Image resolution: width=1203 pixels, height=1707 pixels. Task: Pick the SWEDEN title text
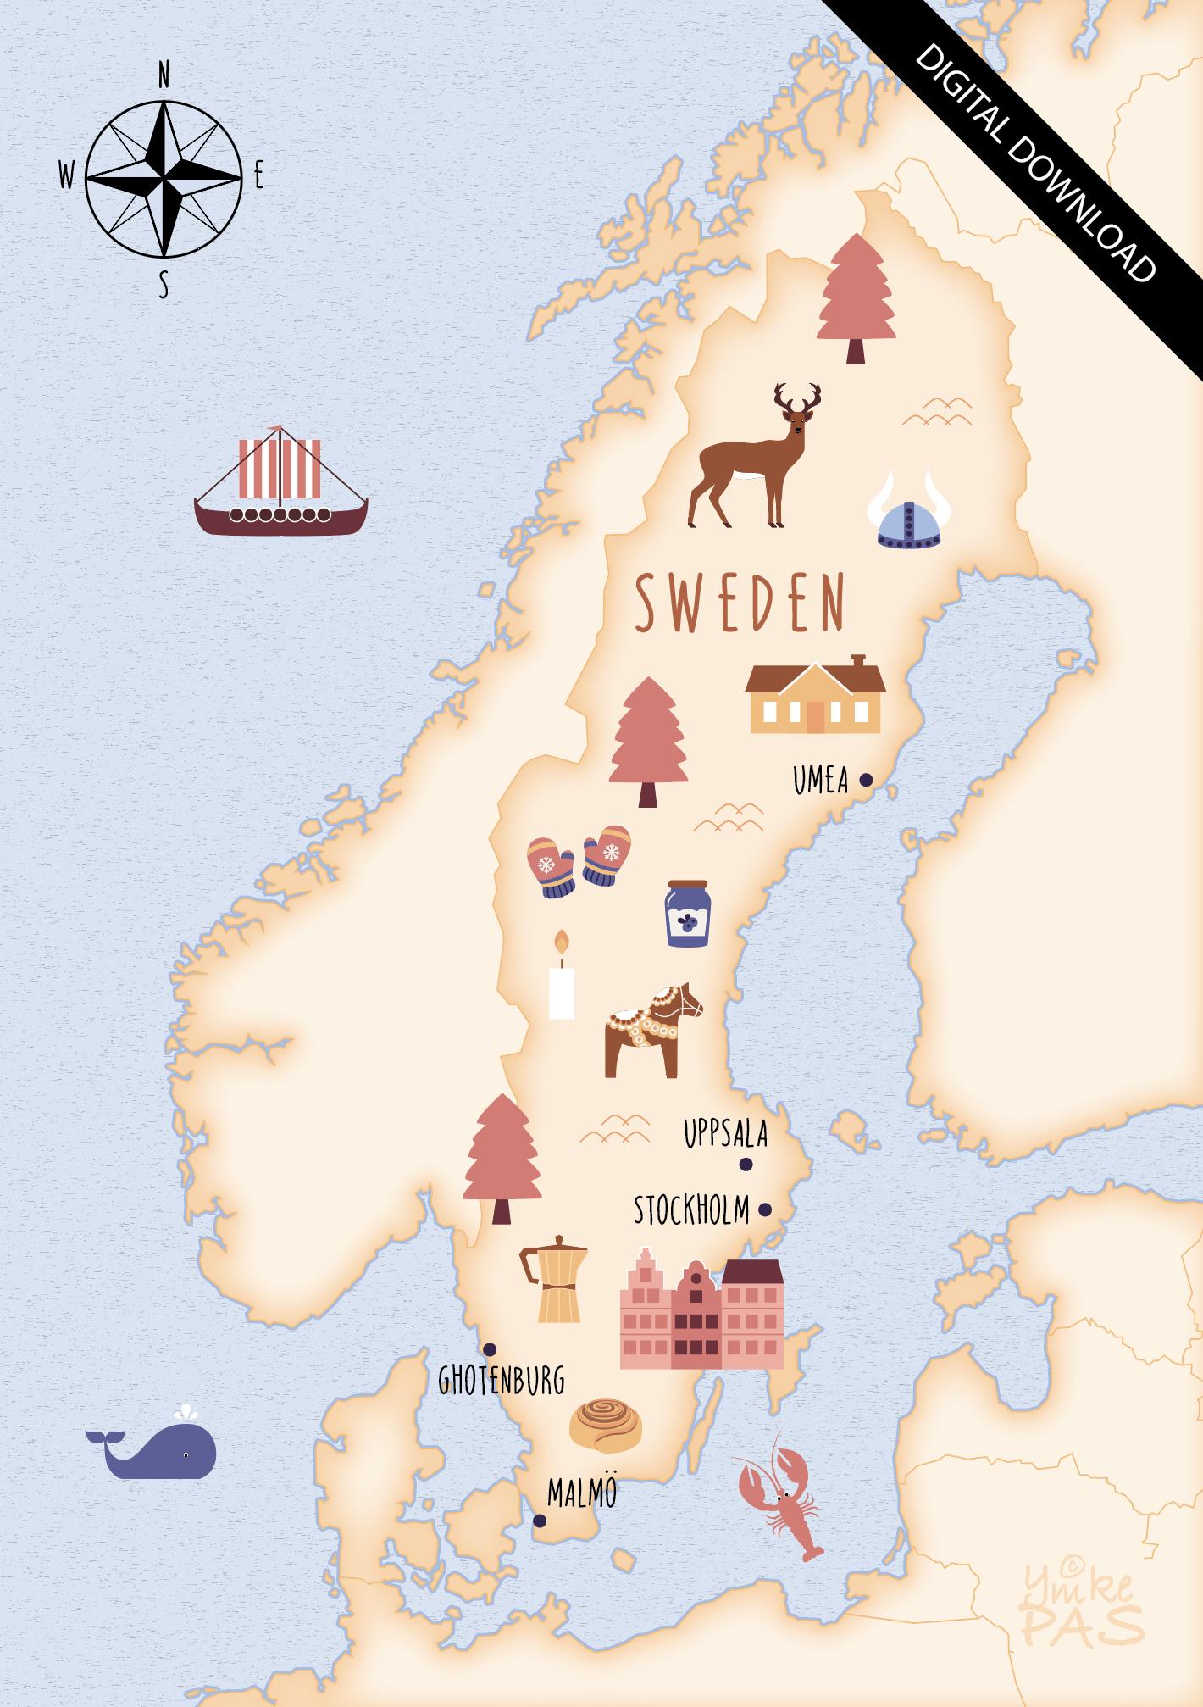coord(740,603)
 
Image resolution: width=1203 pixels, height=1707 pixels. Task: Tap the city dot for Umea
coord(866,780)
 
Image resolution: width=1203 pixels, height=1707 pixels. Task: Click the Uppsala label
coord(725,1134)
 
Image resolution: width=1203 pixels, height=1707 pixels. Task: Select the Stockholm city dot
coord(765,1209)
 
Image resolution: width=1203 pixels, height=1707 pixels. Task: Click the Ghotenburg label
coord(501,1382)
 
